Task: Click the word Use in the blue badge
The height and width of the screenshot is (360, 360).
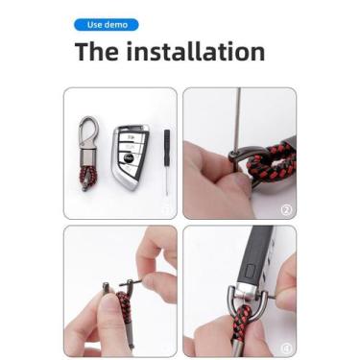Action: (x=94, y=25)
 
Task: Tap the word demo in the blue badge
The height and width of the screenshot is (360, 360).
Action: (x=116, y=25)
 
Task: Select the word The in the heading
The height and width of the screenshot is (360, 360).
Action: (x=97, y=51)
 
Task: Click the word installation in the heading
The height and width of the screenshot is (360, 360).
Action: (x=196, y=51)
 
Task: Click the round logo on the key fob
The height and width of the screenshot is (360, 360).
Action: (x=128, y=157)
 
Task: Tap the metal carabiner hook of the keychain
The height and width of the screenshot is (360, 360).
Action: (x=88, y=134)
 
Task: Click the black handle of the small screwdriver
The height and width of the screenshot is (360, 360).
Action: (x=167, y=146)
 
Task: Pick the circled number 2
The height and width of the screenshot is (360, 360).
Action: (x=287, y=210)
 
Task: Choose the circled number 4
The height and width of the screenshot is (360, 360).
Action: (x=286, y=348)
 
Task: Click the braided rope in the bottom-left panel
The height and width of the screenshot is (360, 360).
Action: (x=123, y=306)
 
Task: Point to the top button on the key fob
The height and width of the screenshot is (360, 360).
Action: (x=132, y=136)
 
